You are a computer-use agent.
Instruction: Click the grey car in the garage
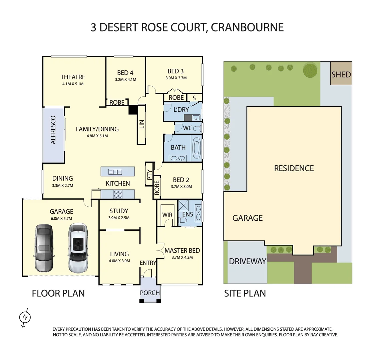tap(44, 247)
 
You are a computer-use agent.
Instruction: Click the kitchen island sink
tap(115, 172)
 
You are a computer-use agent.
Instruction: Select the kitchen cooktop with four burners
tap(118, 194)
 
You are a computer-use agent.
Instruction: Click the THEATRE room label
tap(73, 77)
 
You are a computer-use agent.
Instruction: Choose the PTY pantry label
tap(149, 175)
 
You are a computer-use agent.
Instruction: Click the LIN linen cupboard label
tap(142, 124)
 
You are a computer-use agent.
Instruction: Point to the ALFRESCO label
tap(53, 130)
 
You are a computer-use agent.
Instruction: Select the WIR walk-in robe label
tap(167, 215)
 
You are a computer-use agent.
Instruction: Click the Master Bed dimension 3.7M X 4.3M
tap(182, 257)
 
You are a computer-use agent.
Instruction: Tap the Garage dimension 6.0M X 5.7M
tap(61, 218)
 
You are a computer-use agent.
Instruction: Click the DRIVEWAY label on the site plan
tap(247, 261)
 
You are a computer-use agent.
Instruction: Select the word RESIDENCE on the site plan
tap(294, 168)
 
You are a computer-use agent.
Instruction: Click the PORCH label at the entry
tap(150, 293)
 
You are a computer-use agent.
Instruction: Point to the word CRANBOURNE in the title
tap(247, 27)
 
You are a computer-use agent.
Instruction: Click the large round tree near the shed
tap(310, 70)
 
